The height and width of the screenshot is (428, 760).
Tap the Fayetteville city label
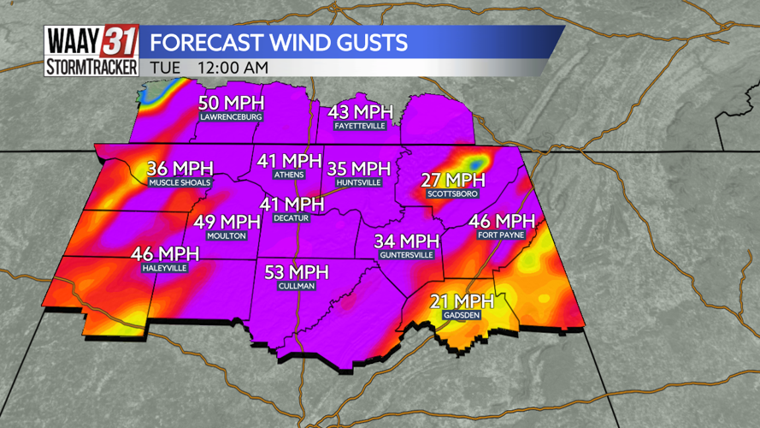click(x=360, y=126)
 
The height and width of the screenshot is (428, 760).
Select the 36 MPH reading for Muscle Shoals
click(x=179, y=168)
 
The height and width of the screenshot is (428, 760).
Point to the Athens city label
click(x=289, y=175)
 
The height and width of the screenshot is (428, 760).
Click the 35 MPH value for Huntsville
click(x=358, y=169)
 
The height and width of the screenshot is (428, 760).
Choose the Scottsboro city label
click(x=452, y=194)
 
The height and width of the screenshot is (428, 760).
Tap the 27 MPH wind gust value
click(x=452, y=180)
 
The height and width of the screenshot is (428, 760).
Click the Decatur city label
click(x=291, y=218)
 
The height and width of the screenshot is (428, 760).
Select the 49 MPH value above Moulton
click(x=227, y=222)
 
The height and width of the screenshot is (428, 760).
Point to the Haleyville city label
click(x=164, y=268)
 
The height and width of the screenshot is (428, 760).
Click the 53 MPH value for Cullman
click(x=296, y=272)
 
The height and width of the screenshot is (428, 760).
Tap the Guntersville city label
click(x=407, y=255)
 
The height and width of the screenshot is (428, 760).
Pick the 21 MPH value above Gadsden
click(x=462, y=300)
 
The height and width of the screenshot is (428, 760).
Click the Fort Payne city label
click(x=501, y=235)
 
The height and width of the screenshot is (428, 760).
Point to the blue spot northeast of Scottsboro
click(x=475, y=160)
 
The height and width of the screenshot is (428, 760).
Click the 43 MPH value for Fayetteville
click(x=360, y=111)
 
